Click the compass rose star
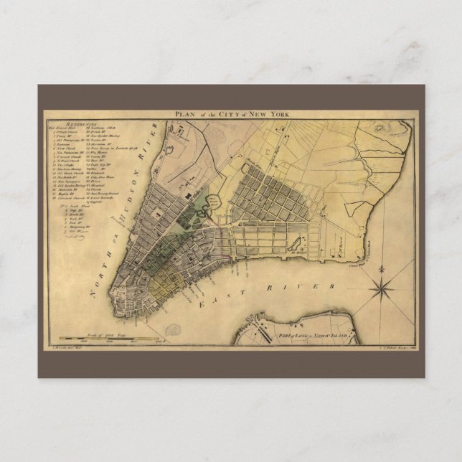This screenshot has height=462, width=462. tap(382, 289)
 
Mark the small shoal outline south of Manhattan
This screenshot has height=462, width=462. tap(173, 331)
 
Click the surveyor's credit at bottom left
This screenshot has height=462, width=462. tap(65, 348)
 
